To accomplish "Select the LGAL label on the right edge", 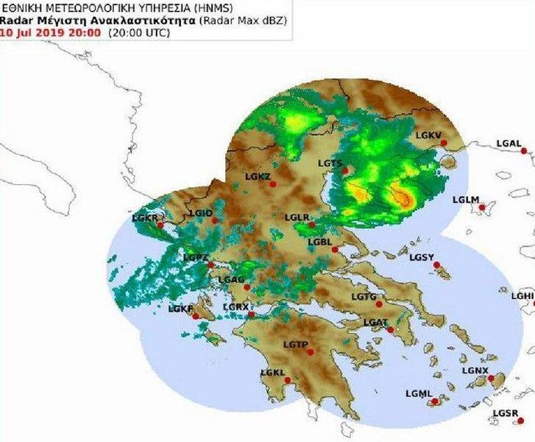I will (x=509, y=143).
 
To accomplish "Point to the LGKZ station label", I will (x=258, y=176).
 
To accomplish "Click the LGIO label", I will (x=201, y=213).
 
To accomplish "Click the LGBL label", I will (x=321, y=242).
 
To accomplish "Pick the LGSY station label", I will (x=422, y=257).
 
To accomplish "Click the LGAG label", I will (x=231, y=280).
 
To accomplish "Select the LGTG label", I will (x=364, y=297).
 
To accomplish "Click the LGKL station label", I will (x=272, y=373).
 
